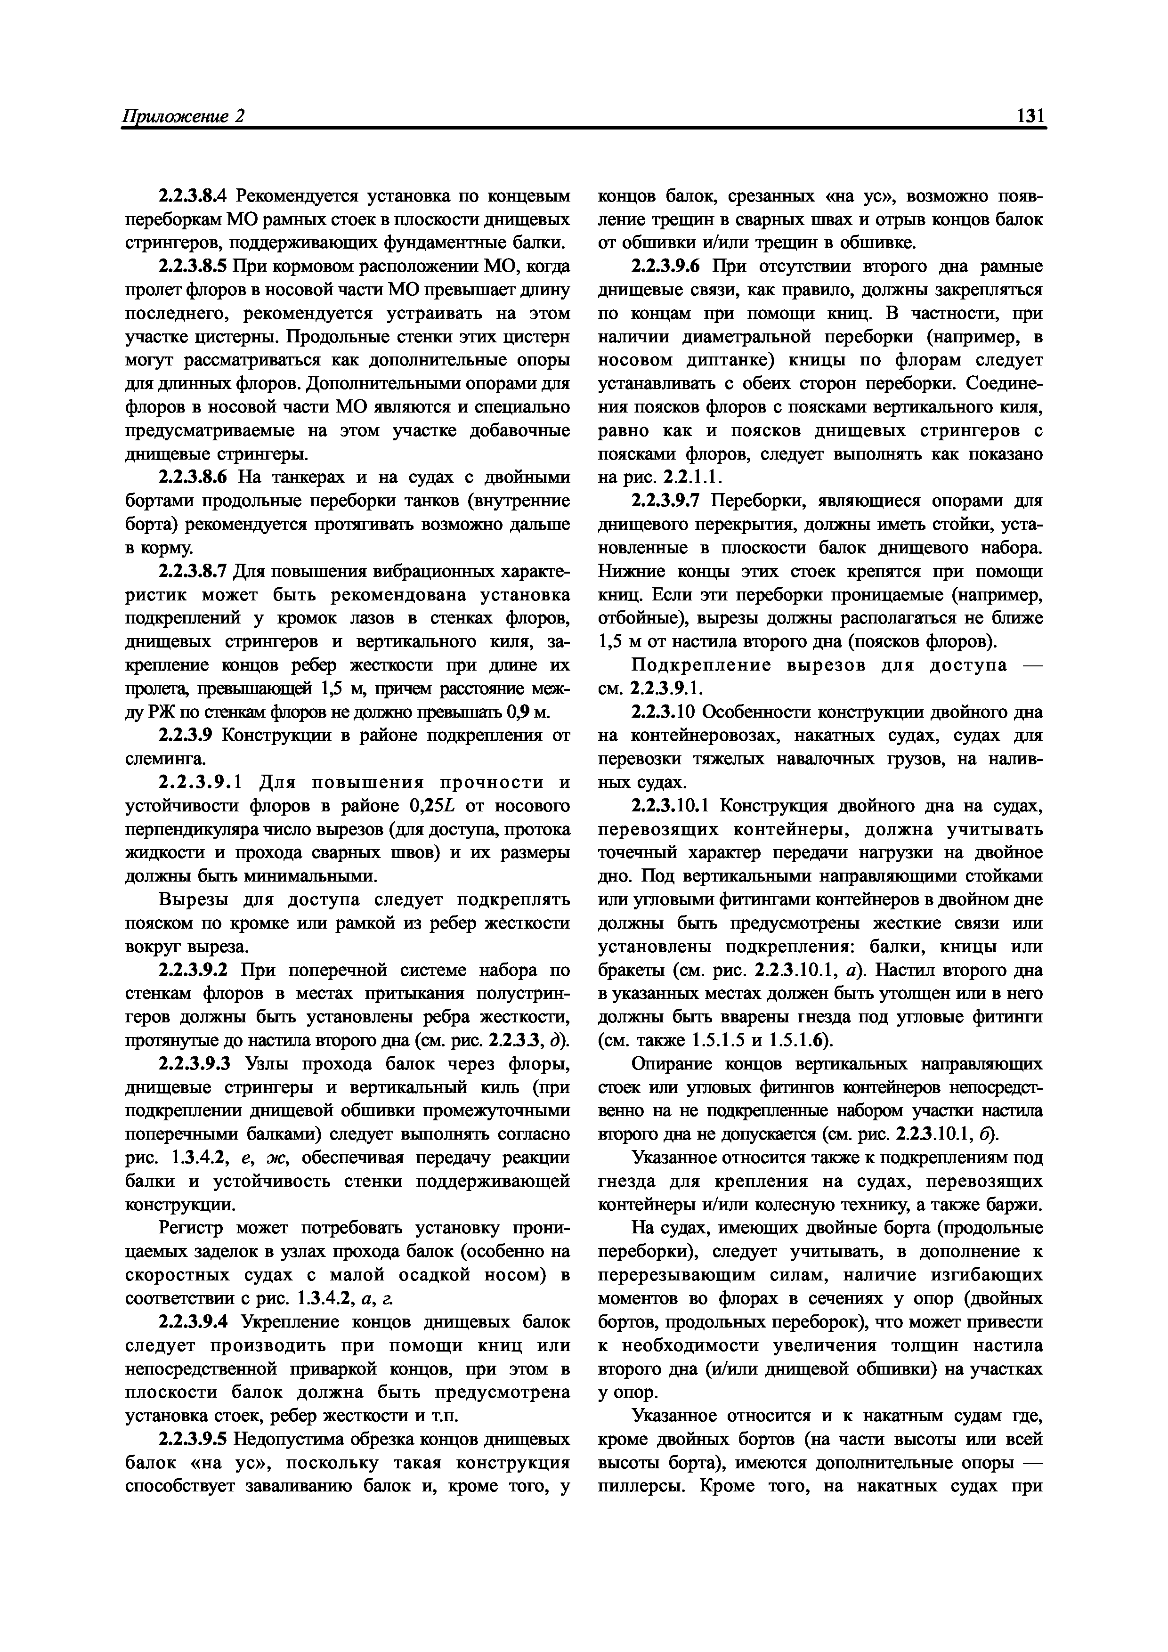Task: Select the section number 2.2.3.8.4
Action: tap(192, 196)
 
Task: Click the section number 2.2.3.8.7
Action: tap(192, 571)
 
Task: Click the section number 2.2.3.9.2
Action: tap(192, 971)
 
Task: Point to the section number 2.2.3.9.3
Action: tap(192, 1064)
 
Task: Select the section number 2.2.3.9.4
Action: tap(192, 1322)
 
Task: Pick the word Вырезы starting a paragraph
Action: tap(188, 900)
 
